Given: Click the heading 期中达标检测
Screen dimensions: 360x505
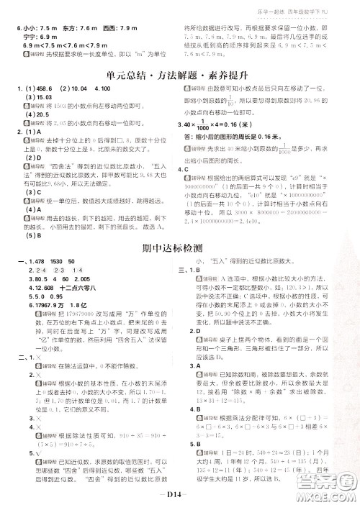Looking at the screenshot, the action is [179, 247].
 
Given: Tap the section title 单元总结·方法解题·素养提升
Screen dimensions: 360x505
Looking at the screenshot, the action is [179, 74].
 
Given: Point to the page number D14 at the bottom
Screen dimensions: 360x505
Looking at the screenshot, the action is [180, 496].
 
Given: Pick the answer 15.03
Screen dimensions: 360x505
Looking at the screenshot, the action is [40, 97].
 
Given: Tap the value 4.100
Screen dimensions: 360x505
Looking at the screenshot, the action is [101, 88].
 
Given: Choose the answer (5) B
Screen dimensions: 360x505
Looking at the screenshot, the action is [33, 234].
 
